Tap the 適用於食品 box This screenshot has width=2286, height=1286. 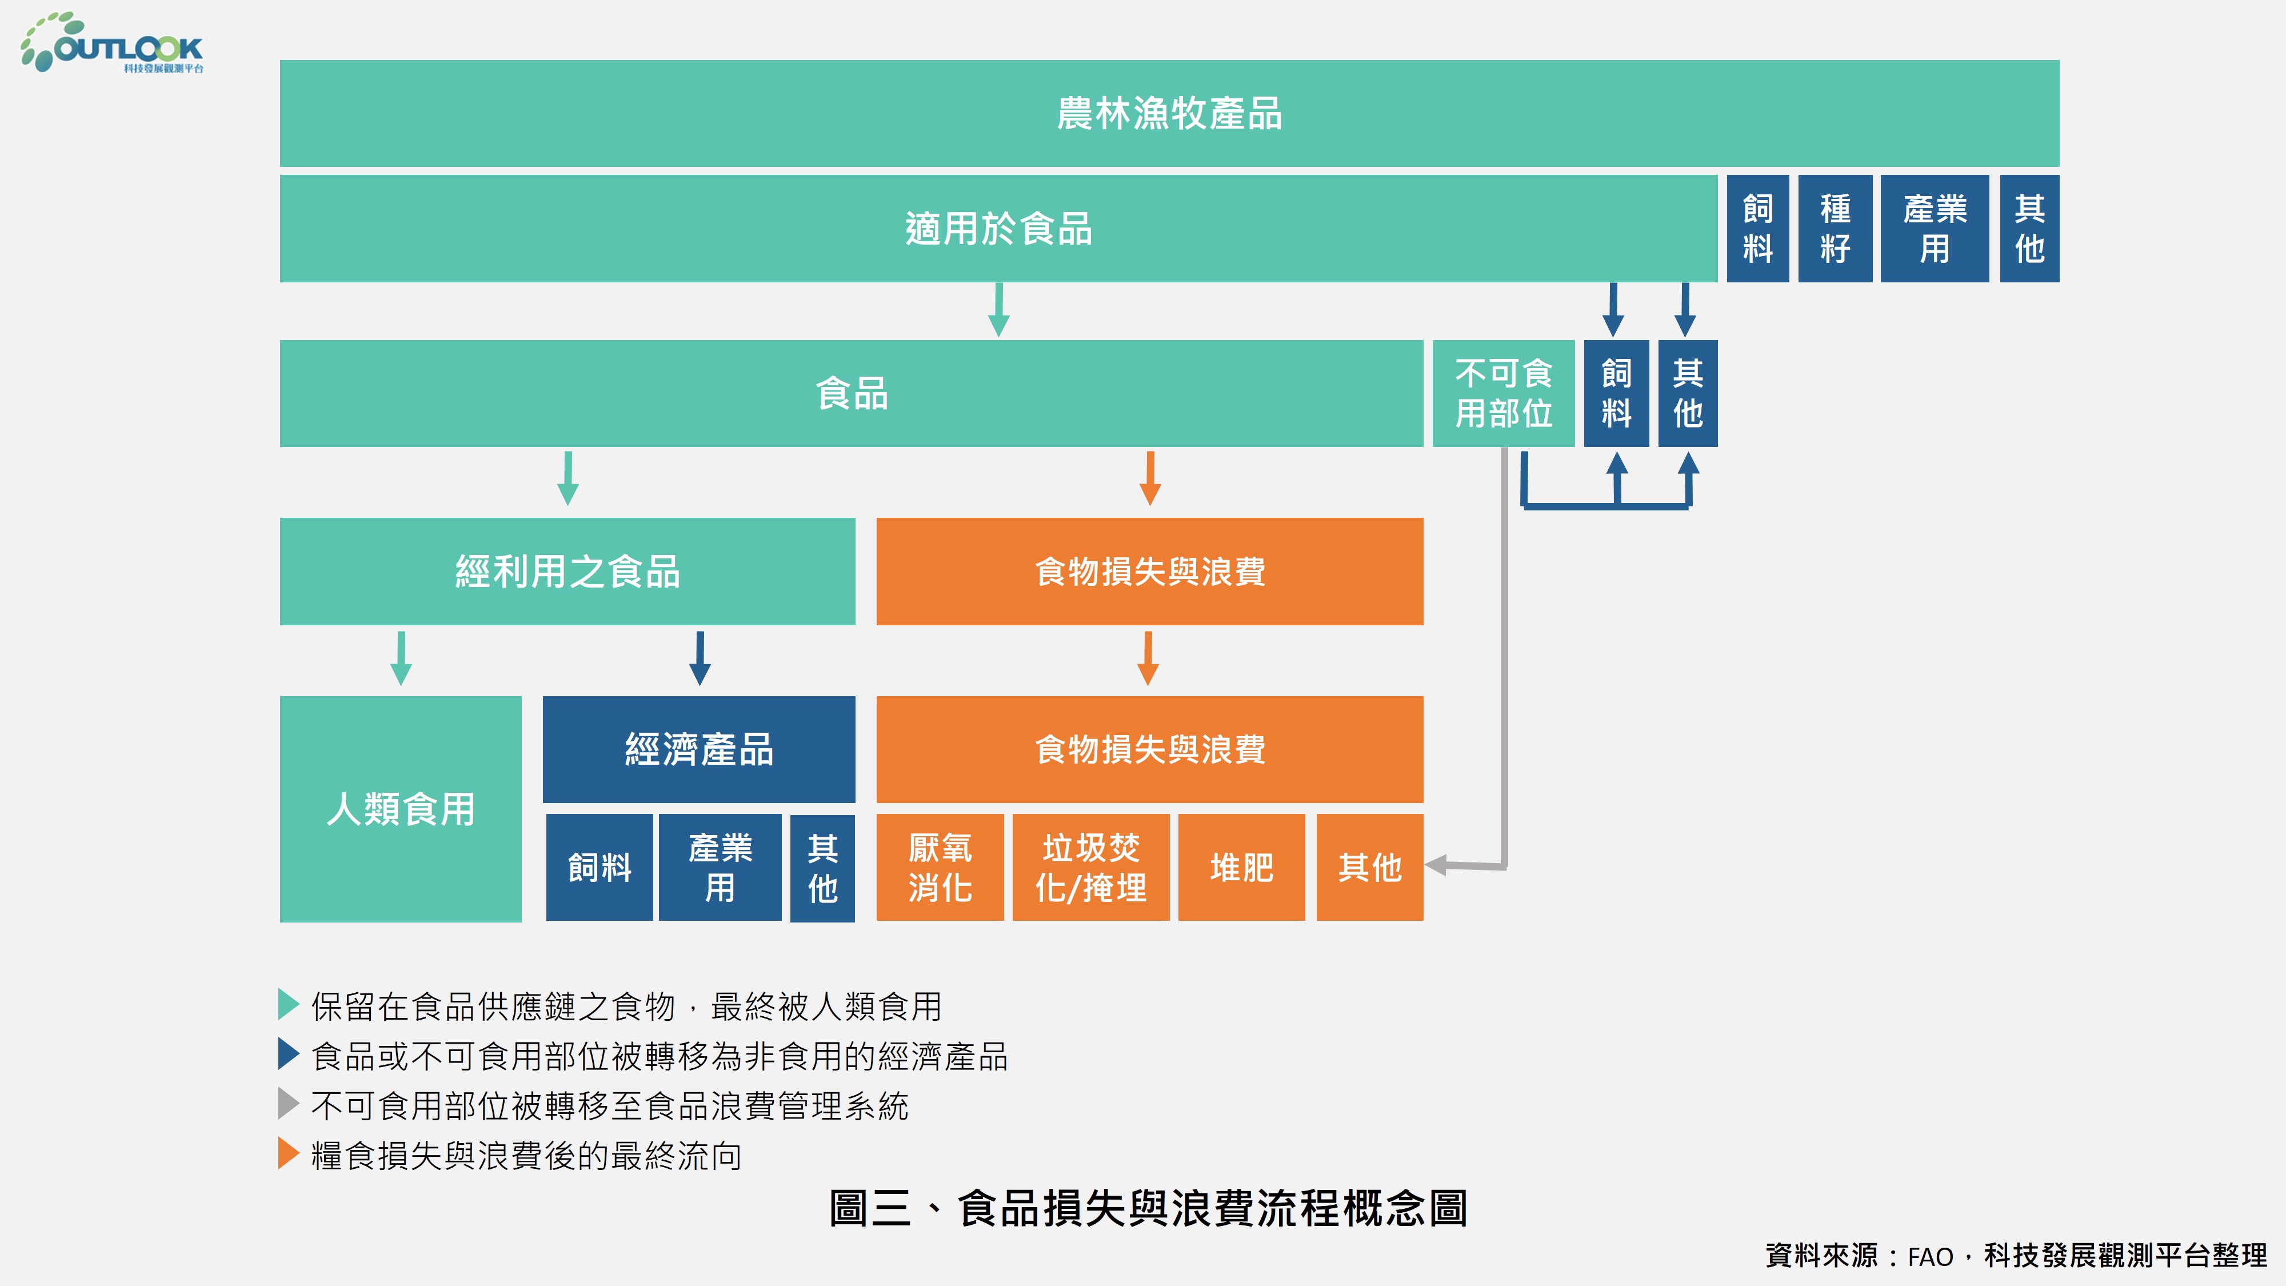tap(998, 229)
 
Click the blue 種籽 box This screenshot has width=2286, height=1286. tap(1835, 229)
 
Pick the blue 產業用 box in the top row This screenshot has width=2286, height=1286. tap(1934, 229)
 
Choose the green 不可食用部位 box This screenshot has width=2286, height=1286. tap(1503, 393)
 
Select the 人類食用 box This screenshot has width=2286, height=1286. tap(400, 809)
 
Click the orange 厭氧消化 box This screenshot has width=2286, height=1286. tap(940, 867)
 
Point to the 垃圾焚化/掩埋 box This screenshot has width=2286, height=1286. tap(1090, 867)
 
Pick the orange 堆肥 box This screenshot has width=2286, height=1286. tap(1241, 867)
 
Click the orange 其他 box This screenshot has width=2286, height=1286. tap(1369, 867)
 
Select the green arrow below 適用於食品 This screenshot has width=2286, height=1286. tap(998, 310)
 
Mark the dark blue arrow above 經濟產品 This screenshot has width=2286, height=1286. tap(700, 658)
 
